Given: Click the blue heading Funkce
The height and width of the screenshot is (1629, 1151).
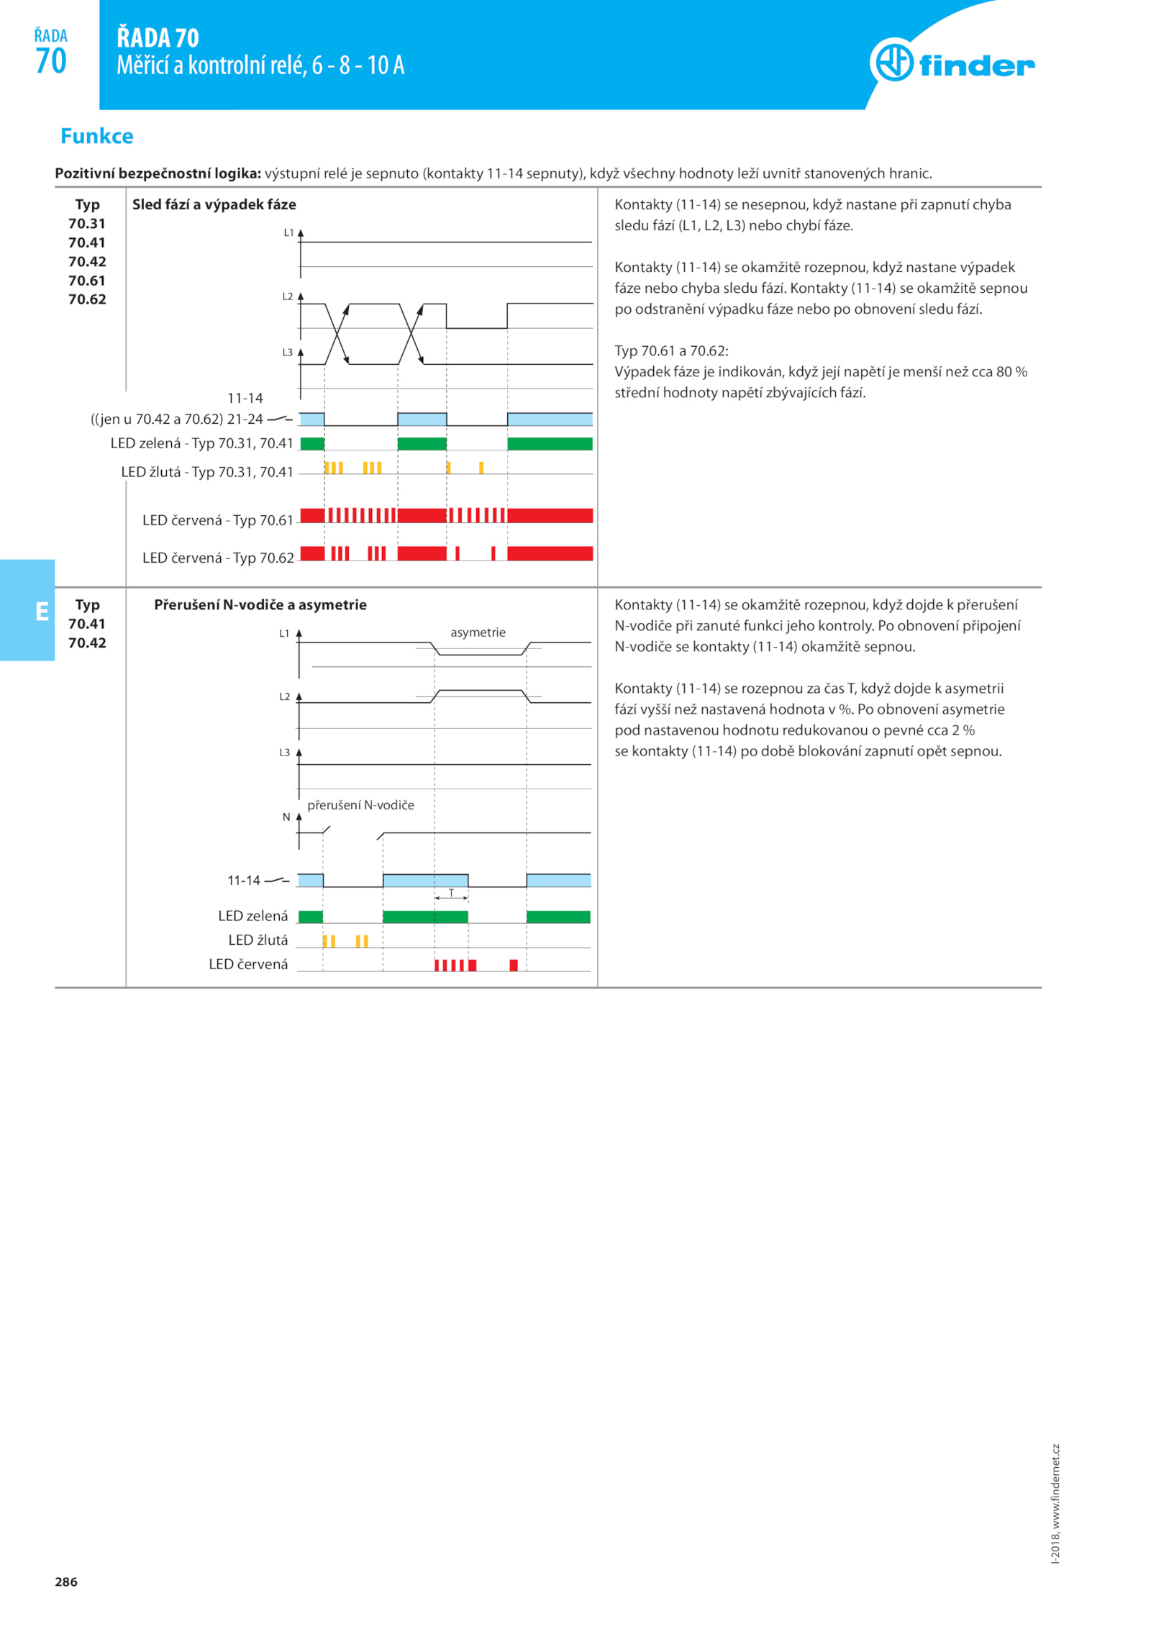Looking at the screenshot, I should click(96, 136).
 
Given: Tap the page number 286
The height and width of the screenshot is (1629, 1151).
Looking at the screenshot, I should click(65, 1581).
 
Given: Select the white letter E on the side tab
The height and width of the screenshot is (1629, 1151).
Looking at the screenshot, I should click(42, 611).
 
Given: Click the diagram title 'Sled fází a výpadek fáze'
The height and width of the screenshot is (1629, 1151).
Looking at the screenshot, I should click(214, 204).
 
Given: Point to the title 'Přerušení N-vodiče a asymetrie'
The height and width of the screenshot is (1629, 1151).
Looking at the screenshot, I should click(260, 604).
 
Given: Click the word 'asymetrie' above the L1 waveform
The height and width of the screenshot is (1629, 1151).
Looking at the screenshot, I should click(478, 632).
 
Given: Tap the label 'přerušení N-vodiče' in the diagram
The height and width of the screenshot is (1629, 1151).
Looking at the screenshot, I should click(360, 804).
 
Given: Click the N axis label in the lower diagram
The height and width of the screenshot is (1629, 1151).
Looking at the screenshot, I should click(286, 817).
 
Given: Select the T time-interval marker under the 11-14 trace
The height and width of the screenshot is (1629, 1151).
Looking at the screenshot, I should click(451, 893).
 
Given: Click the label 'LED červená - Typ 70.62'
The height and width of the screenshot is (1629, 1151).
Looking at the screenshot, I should click(218, 558).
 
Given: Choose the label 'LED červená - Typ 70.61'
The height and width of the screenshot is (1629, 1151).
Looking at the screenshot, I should click(218, 520).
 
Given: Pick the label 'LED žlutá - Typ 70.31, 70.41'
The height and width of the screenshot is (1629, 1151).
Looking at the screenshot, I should click(207, 472).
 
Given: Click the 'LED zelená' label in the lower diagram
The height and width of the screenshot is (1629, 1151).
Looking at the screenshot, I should click(253, 915).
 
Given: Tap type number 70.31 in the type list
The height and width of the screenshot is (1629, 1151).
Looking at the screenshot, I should click(87, 224).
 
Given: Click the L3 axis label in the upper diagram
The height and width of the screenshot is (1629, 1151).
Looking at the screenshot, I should click(287, 353).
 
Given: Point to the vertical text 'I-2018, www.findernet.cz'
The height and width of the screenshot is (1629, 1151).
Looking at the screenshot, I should click(1055, 1503).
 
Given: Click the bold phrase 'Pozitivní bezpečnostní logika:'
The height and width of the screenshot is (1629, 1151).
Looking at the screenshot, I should click(158, 173).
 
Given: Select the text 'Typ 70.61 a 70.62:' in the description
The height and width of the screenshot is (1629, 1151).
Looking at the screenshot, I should click(670, 350).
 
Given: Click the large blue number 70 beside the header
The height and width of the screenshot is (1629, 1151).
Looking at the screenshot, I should click(50, 61).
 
